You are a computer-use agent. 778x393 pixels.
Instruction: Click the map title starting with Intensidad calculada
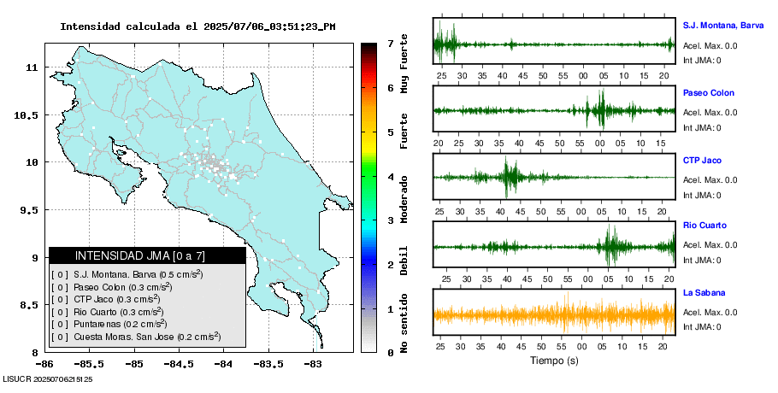tap(197, 26)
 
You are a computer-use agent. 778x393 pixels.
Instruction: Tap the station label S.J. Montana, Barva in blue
tap(722, 26)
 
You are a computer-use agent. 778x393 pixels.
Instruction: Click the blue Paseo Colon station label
tap(708, 93)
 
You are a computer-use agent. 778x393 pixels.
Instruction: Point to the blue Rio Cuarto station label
tap(704, 226)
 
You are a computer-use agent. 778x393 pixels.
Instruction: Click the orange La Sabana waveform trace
tap(554, 314)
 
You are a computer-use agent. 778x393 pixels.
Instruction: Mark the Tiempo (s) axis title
tap(554, 361)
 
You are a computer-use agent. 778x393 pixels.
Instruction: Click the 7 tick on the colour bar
tap(390, 43)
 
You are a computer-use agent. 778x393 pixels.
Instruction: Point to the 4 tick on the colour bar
tap(390, 177)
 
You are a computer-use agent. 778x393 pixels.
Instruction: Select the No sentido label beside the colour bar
tap(404, 326)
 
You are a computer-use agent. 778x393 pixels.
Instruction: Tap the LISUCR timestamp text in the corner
tap(48, 378)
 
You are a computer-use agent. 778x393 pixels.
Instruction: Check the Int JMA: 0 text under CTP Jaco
tap(702, 195)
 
